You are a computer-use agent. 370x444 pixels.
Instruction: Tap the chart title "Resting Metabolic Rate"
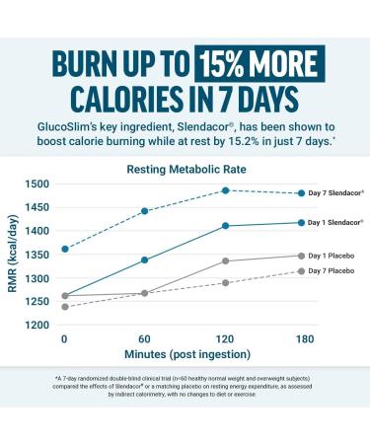[185, 169]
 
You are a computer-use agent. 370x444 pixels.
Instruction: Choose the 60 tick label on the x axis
[145, 339]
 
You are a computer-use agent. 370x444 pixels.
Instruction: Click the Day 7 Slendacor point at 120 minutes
[226, 190]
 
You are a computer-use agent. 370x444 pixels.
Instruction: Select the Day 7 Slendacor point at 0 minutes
[65, 249]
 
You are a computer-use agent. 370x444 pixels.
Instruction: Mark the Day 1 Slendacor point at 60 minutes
[145, 260]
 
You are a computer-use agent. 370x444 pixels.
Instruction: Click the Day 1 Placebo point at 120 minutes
[226, 261]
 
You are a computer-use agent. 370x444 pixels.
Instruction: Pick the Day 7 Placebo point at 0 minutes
[65, 307]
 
